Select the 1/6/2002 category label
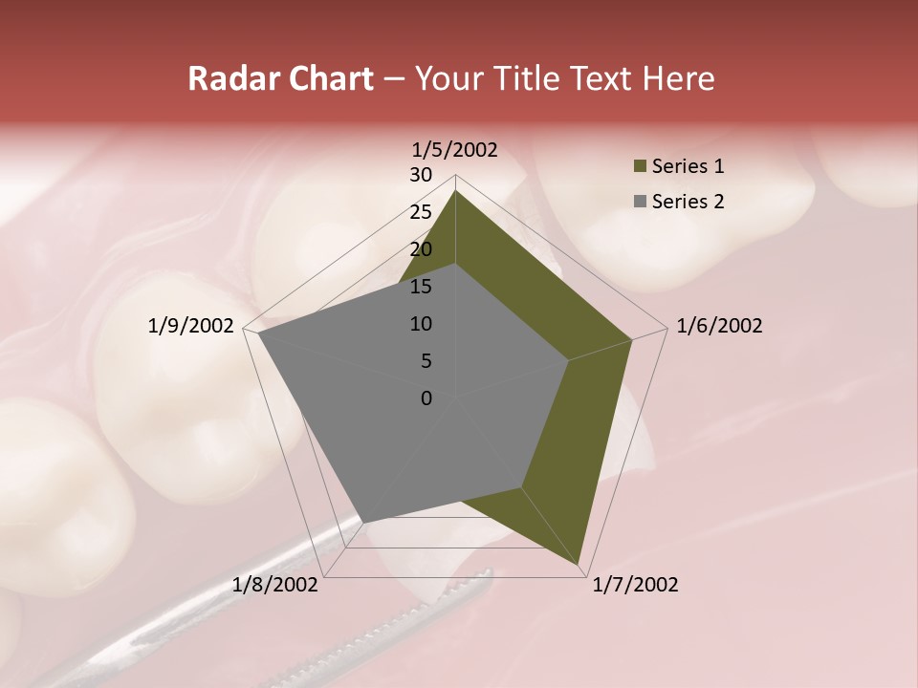719,326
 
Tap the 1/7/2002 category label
635,585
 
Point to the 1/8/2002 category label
275,585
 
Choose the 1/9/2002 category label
191,326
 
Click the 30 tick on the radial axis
421,175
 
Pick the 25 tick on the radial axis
421,212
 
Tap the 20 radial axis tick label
421,249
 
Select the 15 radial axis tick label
421,287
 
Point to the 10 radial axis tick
421,324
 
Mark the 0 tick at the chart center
426,398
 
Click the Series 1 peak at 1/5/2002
455,190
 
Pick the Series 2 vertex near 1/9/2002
258,333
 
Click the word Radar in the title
230,78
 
